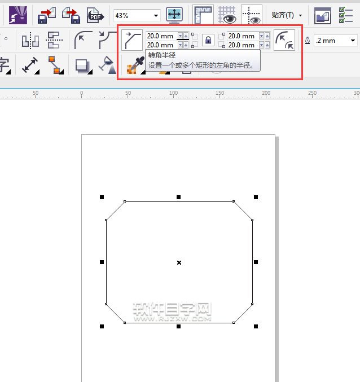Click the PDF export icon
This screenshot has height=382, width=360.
click(x=95, y=15)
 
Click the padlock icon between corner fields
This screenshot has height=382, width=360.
click(x=208, y=40)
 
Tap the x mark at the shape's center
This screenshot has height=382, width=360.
click(x=179, y=262)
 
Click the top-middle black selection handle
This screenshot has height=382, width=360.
click(x=178, y=197)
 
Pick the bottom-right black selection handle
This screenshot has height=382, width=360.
click(x=256, y=326)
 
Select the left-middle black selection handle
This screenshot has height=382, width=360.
click(x=102, y=262)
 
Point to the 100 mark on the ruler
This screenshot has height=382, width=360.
click(x=173, y=93)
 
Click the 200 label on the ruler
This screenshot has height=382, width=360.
click(x=266, y=93)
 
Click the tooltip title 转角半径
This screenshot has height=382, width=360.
click(x=162, y=55)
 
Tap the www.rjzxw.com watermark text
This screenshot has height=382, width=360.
click(x=173, y=319)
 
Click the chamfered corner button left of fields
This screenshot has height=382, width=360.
click(x=132, y=40)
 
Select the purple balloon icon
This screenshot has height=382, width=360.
click(x=18, y=15)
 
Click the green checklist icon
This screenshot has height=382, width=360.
click(x=346, y=15)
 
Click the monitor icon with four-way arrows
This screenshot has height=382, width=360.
click(x=174, y=15)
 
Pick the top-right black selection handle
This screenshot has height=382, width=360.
click(x=256, y=197)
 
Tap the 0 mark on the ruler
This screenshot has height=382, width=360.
click(x=81, y=93)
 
